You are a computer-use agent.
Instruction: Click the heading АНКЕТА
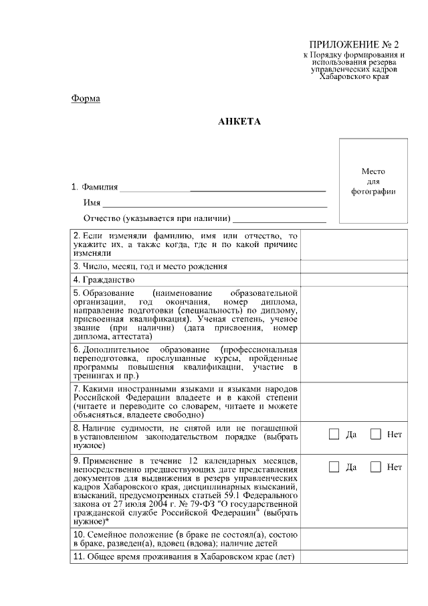[239, 122]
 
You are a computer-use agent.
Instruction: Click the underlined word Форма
[86, 99]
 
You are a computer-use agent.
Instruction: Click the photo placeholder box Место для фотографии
[373, 181]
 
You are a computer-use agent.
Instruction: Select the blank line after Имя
[215, 203]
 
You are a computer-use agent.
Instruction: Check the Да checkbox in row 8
[334, 434]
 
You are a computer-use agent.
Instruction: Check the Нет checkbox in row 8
[376, 434]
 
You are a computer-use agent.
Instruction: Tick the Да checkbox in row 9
[334, 467]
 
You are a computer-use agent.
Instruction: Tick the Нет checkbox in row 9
[376, 467]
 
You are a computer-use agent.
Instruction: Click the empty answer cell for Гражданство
[353, 280]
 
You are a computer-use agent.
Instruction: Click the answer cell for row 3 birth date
[353, 266]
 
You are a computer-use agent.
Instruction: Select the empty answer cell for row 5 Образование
[353, 315]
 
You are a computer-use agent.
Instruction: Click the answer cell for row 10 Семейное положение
[353, 539]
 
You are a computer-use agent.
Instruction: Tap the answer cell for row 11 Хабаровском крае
[353, 556]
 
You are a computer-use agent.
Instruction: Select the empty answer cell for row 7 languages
[353, 401]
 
